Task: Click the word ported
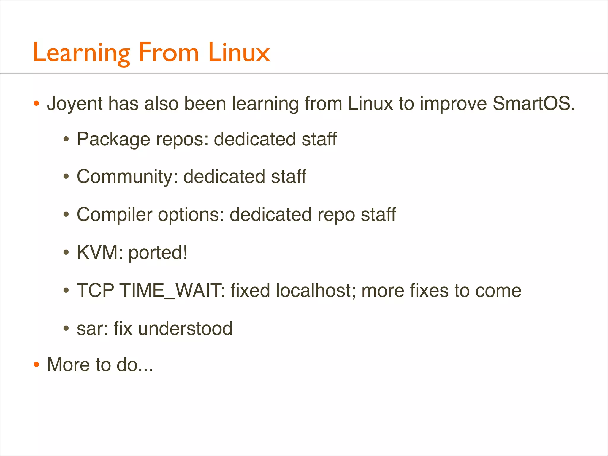(158, 253)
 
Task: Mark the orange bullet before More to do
(36, 365)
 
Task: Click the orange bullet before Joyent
(36, 104)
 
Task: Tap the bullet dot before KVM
(66, 253)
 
